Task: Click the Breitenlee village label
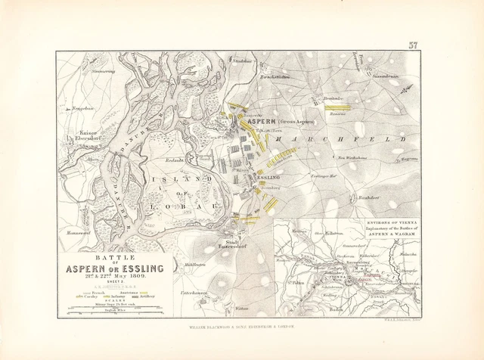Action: pyautogui.click(x=334, y=99)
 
